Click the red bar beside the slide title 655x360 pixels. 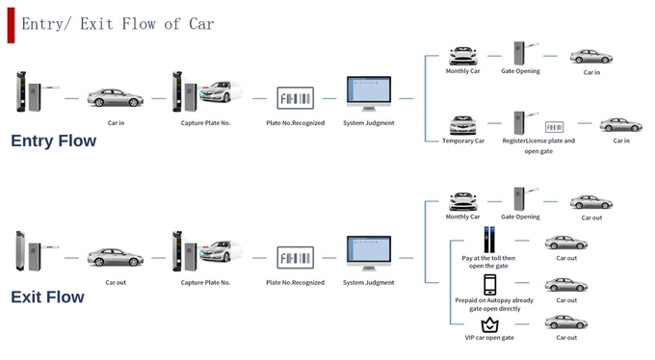tap(11, 25)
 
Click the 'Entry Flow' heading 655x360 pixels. tap(54, 141)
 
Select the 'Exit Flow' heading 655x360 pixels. tap(47, 296)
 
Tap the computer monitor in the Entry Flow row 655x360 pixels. tap(369, 93)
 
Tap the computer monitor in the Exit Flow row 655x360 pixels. tap(369, 253)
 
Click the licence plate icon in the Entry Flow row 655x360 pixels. tap(296, 98)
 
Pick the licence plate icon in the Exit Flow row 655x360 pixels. tap(296, 258)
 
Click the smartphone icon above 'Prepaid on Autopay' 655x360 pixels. tap(490, 285)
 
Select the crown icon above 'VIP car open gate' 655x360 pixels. tap(489, 325)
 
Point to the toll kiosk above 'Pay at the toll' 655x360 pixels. tap(489, 240)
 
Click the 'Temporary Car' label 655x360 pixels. tap(463, 141)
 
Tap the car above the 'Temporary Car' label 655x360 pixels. tap(463, 125)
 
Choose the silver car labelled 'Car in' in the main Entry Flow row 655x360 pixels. tap(116, 97)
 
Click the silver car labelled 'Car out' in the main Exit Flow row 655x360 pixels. tap(116, 257)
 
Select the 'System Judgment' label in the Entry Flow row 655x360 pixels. tap(369, 123)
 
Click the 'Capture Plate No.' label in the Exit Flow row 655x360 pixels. tap(205, 282)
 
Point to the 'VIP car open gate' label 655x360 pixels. tap(489, 338)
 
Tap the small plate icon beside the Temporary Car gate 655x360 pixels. tap(554, 127)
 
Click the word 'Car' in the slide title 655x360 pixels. tap(201, 24)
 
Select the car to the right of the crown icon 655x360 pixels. tap(566, 322)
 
